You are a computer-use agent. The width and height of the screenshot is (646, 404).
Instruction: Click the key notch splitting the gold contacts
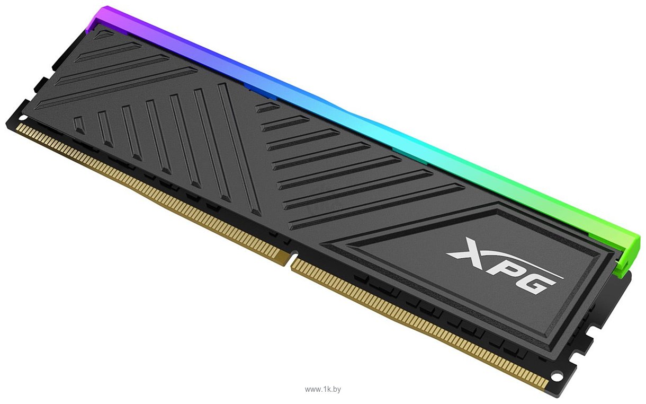point(290,259)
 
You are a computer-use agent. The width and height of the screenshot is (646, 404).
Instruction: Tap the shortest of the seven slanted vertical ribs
point(78,125)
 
